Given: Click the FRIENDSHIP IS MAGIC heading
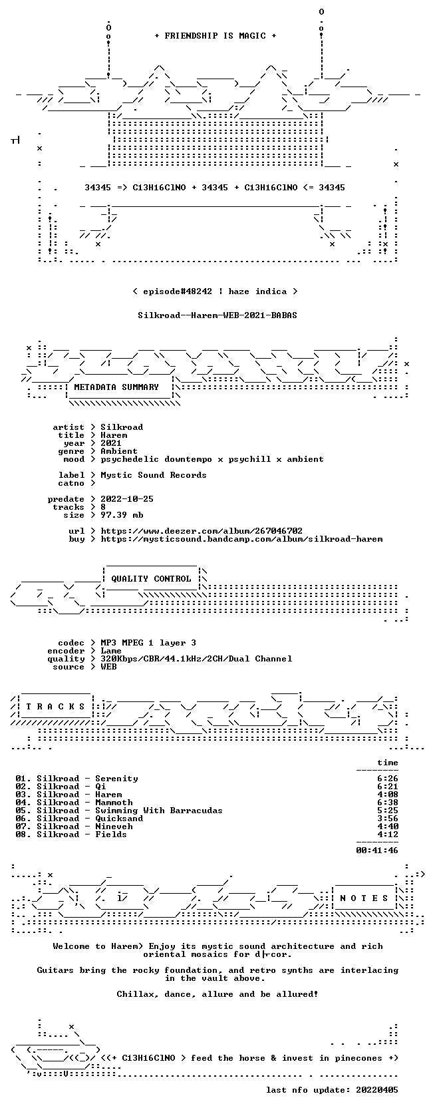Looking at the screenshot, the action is tap(215, 36).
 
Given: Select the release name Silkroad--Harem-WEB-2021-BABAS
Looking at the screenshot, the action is tap(217, 315).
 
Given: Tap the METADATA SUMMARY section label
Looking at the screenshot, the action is tap(116, 387).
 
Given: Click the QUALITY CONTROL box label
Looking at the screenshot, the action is tap(151, 579).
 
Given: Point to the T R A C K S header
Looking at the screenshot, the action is tap(55, 707).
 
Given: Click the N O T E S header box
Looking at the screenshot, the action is tap(364, 898).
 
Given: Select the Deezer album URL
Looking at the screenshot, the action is tap(202, 531).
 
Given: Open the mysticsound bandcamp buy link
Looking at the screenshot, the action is tap(241, 538).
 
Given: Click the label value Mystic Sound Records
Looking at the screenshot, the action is tap(154, 474).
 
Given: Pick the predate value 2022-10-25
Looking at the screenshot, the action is tap(127, 499).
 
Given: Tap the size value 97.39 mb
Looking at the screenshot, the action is tap(122, 515).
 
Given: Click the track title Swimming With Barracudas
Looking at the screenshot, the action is tap(159, 811).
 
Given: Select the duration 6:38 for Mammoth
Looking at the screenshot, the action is tap(388, 803).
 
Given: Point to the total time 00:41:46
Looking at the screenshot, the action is tap(377, 850).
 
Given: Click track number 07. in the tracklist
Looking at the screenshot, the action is tap(23, 827).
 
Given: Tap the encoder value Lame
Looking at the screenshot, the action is tap(111, 651).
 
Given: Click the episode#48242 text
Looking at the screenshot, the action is tap(178, 291).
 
